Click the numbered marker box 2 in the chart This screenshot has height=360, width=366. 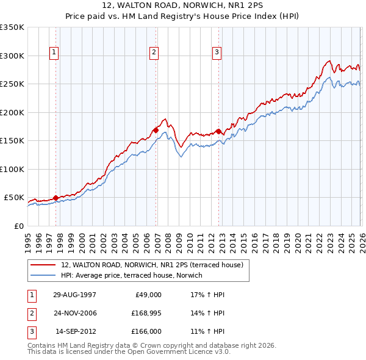click(154, 53)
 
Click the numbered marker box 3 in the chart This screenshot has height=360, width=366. click(217, 53)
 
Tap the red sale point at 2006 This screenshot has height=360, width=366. click(156, 130)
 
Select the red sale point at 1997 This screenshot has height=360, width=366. click(56, 198)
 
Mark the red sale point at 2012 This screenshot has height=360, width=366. click(218, 131)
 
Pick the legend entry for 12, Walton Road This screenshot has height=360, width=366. click(152, 265)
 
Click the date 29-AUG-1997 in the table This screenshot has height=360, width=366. click(74, 294)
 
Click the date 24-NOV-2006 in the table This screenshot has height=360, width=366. click(74, 313)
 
